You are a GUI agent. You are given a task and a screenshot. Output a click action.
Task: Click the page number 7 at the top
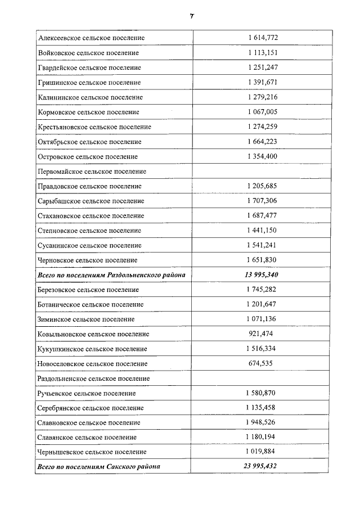pos(191,16)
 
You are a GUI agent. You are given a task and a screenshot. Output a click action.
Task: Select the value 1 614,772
pos(262,38)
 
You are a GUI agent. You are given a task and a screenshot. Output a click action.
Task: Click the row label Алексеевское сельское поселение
pos(91,38)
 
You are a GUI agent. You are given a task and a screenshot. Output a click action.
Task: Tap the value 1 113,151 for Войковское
pos(262,53)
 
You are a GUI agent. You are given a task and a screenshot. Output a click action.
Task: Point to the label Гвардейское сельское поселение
pos(89,67)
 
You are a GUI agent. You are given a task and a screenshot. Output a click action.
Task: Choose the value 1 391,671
pos(262,82)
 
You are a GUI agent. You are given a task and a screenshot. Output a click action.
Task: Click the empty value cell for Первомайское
pos(262,171)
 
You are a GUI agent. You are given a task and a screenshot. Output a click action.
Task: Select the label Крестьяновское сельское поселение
pos(94,127)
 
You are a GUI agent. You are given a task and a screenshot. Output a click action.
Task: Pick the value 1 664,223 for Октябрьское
pos(262,142)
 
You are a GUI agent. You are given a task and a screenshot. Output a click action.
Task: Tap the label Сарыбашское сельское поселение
pos(91,201)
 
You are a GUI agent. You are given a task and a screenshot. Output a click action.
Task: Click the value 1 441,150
pos(262,231)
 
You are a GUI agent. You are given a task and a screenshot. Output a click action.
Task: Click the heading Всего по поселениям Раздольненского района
pos(111,275)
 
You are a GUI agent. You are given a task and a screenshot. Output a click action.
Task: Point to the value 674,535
pos(260,363)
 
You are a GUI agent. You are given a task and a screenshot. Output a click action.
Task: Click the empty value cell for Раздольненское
pos(262,379)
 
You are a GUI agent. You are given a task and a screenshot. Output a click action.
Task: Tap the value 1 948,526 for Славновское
pos(262,422)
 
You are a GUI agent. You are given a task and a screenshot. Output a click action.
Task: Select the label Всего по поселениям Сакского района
pos(98,467)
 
